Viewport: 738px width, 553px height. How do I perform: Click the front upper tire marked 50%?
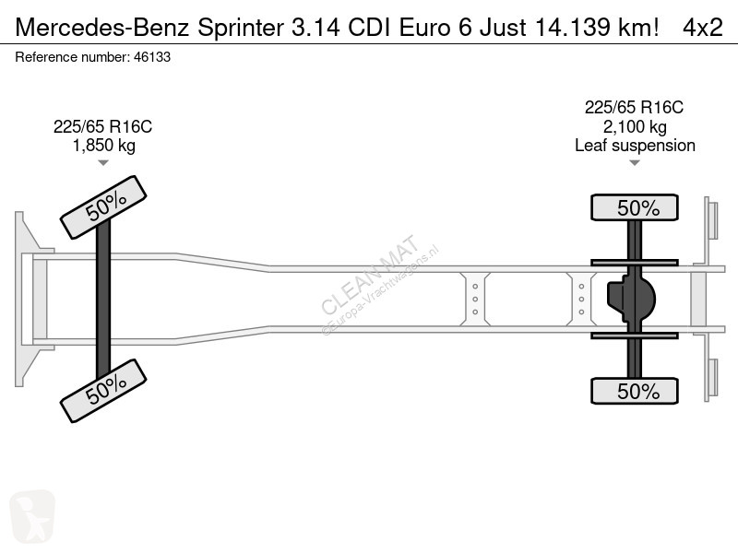click(103, 207)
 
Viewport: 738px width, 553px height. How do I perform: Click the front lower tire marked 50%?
click(103, 391)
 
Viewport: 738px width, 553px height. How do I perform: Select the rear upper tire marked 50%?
click(635, 207)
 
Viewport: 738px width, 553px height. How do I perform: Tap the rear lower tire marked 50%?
click(635, 391)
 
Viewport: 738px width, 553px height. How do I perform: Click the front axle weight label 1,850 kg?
click(103, 146)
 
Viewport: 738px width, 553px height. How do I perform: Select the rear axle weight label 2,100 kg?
click(635, 126)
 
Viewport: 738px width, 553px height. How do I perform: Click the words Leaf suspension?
click(635, 146)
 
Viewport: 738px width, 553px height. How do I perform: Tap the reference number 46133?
click(152, 57)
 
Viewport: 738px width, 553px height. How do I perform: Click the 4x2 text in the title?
click(703, 28)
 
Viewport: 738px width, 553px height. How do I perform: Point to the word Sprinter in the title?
click(241, 28)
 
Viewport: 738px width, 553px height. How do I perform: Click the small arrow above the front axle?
click(103, 163)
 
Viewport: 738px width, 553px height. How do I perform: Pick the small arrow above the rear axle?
click(635, 163)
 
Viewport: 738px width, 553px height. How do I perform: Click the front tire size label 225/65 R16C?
click(102, 126)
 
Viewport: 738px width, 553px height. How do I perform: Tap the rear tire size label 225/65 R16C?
click(634, 108)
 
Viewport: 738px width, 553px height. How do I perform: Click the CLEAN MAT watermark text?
click(370, 274)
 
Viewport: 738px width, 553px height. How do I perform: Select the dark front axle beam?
click(103, 299)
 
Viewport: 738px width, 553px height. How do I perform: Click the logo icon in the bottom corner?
click(32, 516)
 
